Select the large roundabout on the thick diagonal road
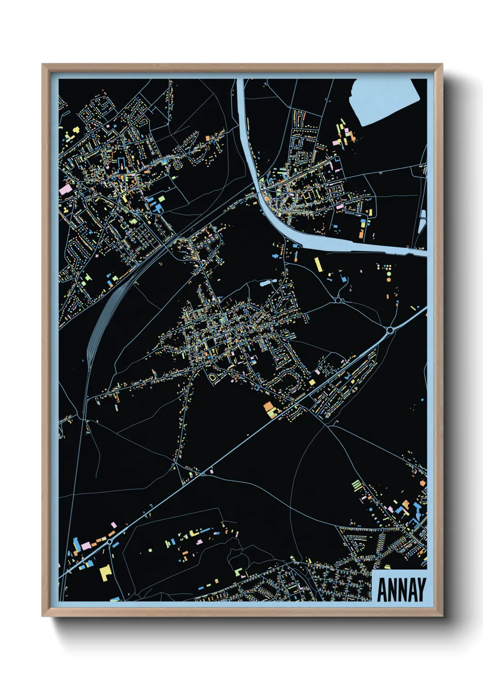[390, 330]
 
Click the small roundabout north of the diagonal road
[338, 300]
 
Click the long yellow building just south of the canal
[318, 264]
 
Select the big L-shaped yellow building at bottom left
[105, 572]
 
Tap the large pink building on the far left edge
[65, 189]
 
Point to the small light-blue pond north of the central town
[264, 283]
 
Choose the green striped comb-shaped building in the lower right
[357, 485]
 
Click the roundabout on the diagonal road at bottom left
[110, 541]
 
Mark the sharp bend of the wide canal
[269, 210]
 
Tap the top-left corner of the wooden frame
[43, 65]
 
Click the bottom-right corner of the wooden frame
[441, 615]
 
